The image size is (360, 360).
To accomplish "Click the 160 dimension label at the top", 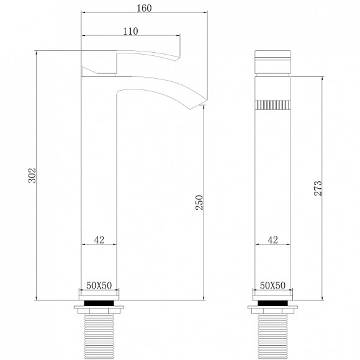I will (144, 8).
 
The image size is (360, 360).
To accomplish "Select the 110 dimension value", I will (130, 32).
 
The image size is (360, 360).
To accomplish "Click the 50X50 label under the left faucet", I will (99, 284).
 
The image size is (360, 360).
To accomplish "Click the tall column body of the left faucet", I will (99, 186).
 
